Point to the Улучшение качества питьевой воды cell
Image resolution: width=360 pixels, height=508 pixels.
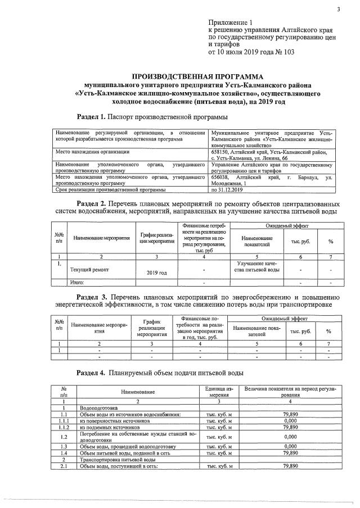tap(258, 266)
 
